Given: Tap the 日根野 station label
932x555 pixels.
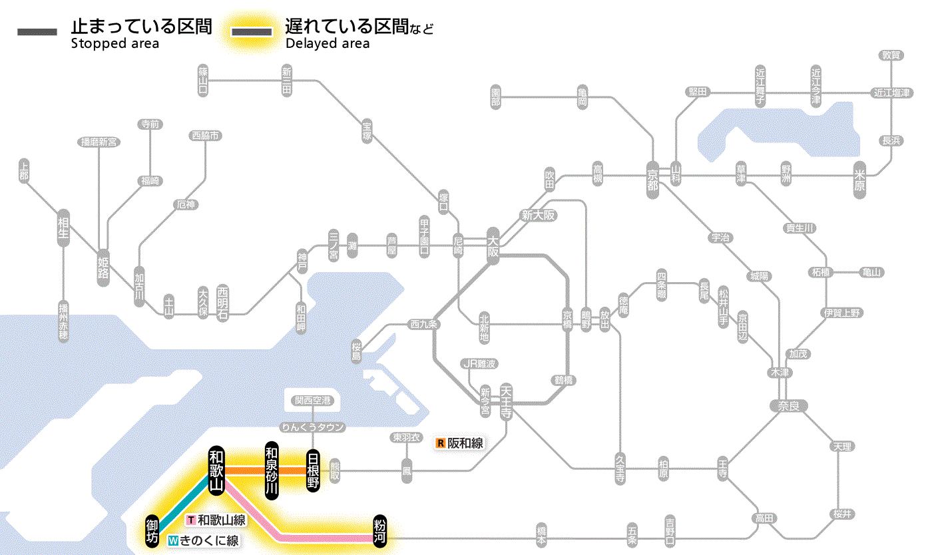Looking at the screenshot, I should click(313, 470).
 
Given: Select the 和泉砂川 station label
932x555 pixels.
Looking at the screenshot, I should click(271, 470).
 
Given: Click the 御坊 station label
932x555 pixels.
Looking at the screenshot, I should click(152, 530).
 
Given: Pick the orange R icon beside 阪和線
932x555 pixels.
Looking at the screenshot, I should click(440, 443).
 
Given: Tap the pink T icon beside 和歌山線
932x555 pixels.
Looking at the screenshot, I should click(191, 520).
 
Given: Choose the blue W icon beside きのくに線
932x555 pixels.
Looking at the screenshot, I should click(173, 541).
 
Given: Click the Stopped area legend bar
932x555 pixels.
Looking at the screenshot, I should click(37, 32).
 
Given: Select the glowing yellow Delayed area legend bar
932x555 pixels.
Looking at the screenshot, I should click(251, 32).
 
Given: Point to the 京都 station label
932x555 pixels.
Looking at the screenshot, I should click(652, 176).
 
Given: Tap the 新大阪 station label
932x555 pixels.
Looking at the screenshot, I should click(538, 215).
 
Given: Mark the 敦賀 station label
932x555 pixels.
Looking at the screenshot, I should click(891, 55).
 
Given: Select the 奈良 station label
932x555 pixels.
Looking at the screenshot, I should click(788, 405).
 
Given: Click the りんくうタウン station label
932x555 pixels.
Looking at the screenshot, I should click(313, 427).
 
